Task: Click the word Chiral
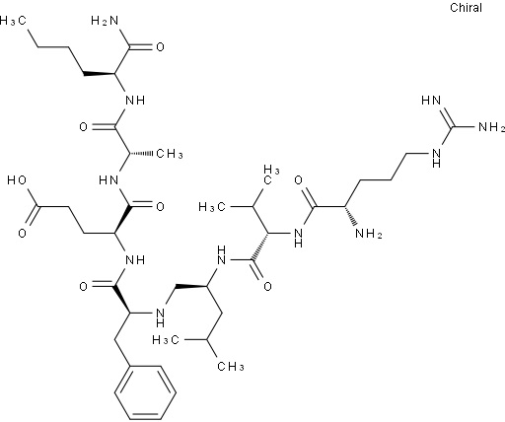pos(466,8)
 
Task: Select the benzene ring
pos(145,392)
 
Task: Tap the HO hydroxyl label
pos(18,180)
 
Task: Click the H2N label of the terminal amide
pos(105,21)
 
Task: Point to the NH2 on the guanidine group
pos(492,127)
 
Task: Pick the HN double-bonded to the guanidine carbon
pos(431,101)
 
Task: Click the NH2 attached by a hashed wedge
pos(369,234)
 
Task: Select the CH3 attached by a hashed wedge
pos(170,154)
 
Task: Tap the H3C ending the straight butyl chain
pos(13,21)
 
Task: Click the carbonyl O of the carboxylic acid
pos(22,234)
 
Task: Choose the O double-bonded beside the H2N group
pos(160,47)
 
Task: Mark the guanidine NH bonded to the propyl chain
pos(436,158)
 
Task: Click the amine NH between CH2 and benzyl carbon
pos(160,317)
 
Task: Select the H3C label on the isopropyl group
pos(212,207)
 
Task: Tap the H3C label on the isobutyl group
pos(166,339)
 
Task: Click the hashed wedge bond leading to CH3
pos(141,153)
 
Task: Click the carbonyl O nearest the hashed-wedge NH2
pos(298,180)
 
